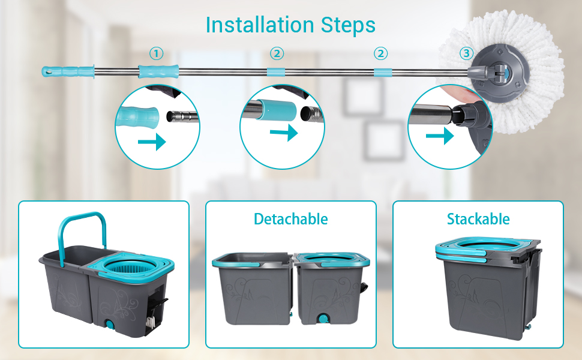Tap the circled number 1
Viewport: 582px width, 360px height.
[x=156, y=54]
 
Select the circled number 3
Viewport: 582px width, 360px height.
[x=466, y=54]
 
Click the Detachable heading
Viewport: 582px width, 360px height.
[x=290, y=220]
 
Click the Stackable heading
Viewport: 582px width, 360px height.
[x=478, y=220]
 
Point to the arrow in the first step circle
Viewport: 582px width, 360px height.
[x=151, y=142]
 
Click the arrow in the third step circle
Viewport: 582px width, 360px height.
[x=439, y=137]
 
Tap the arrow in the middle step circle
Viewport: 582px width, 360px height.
[x=284, y=132]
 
